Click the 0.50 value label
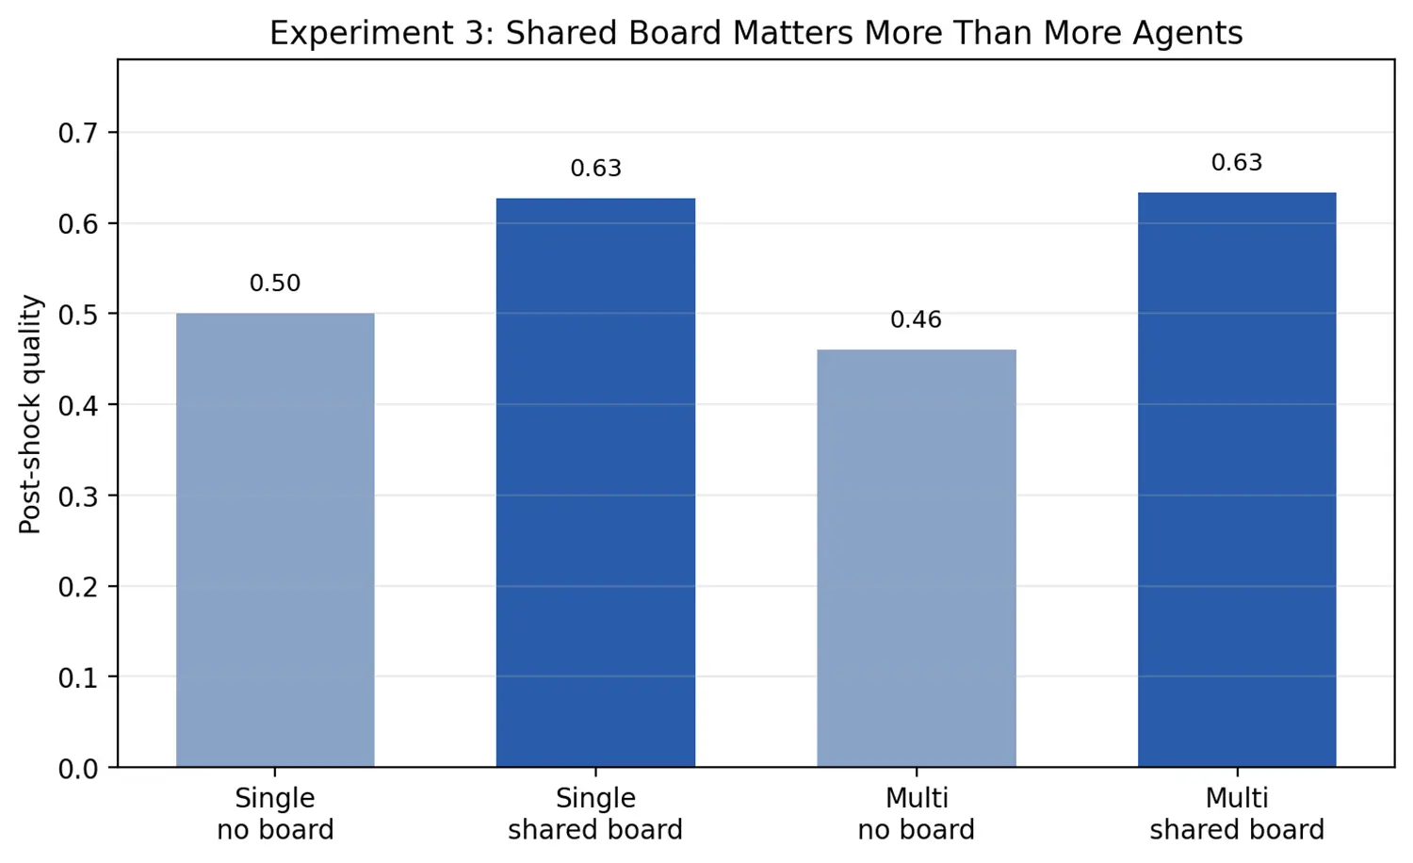[x=275, y=284]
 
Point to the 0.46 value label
[x=916, y=320]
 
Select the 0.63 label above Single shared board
[x=595, y=169]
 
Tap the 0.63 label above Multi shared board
[x=1236, y=163]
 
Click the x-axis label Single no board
[x=275, y=814]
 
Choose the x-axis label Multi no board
[x=916, y=814]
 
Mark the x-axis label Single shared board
[x=595, y=814]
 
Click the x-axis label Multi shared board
[x=1236, y=814]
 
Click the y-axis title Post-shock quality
[x=31, y=415]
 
